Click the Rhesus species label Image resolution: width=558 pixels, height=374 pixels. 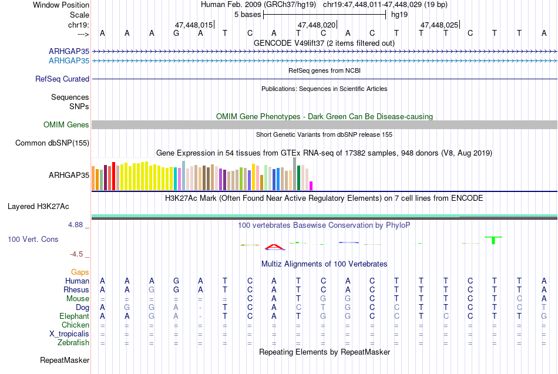click(76, 289)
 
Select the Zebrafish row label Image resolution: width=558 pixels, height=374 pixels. click(73, 343)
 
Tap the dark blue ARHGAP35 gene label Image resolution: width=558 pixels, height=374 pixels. click(69, 51)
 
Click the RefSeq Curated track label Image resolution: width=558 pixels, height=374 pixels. click(62, 79)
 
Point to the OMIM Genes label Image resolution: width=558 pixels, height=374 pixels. click(66, 124)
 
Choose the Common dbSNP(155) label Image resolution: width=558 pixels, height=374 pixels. click(52, 143)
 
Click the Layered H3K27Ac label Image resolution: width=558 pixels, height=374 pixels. click(38, 207)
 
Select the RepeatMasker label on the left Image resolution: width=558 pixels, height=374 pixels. click(65, 360)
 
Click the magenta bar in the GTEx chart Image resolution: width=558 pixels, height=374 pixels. click(311, 186)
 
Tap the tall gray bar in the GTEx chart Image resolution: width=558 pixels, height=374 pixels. click(295, 174)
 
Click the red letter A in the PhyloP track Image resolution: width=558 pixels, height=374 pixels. click(274, 247)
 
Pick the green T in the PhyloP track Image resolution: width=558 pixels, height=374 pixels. click(493, 240)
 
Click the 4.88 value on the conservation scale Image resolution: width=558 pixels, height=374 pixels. click(75, 225)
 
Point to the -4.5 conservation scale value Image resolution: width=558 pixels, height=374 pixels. click(76, 254)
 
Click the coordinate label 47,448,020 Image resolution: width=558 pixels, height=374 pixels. click(317, 25)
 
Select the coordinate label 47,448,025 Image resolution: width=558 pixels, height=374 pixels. click(439, 25)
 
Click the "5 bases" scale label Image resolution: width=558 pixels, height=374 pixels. click(248, 15)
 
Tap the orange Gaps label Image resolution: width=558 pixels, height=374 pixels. click(80, 272)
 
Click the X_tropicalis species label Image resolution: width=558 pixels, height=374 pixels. click(69, 334)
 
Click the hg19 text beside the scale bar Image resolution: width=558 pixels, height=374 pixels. click(399, 15)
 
